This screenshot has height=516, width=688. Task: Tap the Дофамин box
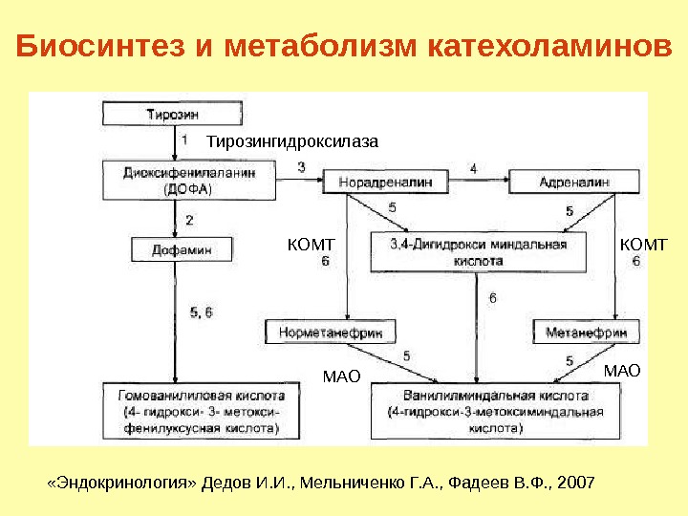(182, 249)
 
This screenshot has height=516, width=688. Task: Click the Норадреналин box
(380, 180)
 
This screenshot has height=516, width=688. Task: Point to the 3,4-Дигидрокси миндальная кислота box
(478, 251)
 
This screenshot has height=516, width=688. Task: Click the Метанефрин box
(586, 332)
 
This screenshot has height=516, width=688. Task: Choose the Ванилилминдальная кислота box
(495, 410)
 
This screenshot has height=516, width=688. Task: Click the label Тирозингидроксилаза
(293, 141)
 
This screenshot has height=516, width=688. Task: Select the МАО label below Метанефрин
(621, 369)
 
